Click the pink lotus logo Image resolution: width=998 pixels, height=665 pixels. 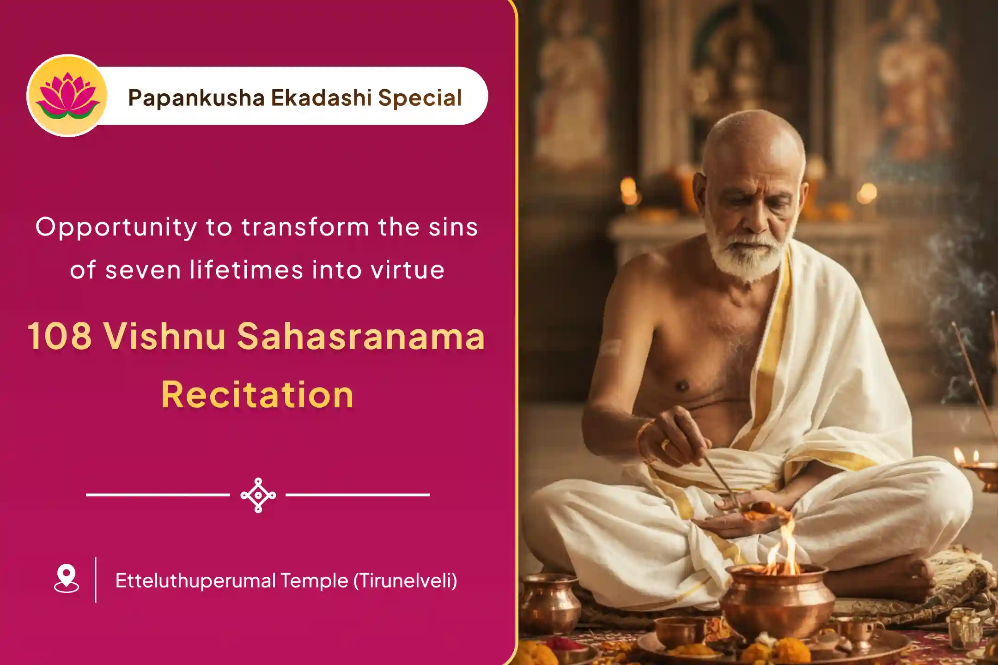click(x=67, y=96)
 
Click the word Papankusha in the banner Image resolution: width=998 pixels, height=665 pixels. click(x=196, y=98)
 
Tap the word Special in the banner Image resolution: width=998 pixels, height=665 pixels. click(x=420, y=98)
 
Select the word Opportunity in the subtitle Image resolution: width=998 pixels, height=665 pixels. click(x=116, y=228)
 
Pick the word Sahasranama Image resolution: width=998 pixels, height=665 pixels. click(x=361, y=336)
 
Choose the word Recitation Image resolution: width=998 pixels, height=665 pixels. click(x=257, y=395)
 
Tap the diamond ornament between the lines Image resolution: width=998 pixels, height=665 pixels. click(x=258, y=495)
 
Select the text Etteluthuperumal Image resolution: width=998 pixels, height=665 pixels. click(x=195, y=580)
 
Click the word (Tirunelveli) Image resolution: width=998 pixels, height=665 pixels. click(x=405, y=580)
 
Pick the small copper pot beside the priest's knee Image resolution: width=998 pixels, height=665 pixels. click(x=550, y=600)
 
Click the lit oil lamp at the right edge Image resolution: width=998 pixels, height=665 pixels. click(x=980, y=466)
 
